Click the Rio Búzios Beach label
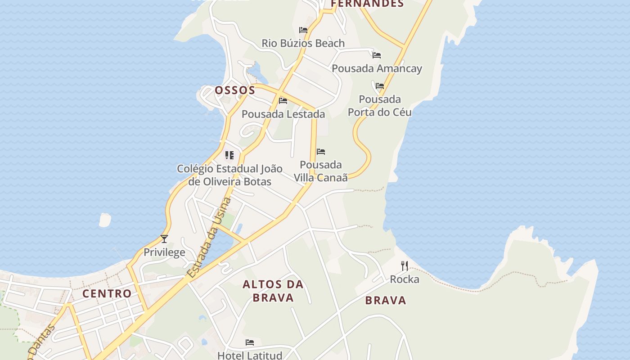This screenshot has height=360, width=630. tap(303, 43)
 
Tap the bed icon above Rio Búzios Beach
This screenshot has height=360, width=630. tap(303, 30)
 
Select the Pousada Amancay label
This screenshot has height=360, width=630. tap(377, 68)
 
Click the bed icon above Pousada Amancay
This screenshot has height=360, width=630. tap(377, 55)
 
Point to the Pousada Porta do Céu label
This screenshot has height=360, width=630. tap(380, 105)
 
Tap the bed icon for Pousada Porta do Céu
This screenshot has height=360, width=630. tap(380, 86)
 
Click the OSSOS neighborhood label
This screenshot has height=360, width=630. tap(235, 90)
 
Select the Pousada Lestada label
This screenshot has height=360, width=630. tap(283, 114)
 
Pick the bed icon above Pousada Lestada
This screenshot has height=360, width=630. tap(283, 101)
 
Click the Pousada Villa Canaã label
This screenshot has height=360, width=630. tap(321, 171)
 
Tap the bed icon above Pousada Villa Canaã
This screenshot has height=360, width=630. tap(321, 152)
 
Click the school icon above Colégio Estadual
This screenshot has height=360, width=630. tap(229, 156)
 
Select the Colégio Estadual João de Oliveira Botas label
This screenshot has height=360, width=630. tap(229, 175)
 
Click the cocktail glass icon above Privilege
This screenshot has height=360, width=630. tap(164, 239)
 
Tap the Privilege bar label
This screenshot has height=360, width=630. tap(164, 252)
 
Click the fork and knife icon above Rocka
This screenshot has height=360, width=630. tap(405, 266)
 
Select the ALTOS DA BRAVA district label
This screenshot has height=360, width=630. tap(273, 291)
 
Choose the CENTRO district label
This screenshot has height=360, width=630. tap(107, 293)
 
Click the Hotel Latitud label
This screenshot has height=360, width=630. tap(250, 355)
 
